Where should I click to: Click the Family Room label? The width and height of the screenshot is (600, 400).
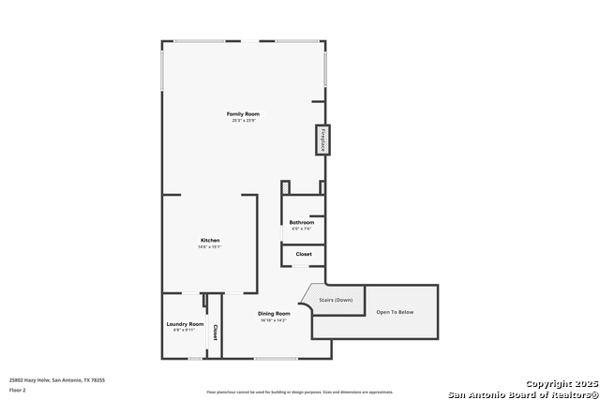243,113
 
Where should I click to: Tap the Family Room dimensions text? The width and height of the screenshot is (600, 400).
243,120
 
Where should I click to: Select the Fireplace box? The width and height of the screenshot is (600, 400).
322,140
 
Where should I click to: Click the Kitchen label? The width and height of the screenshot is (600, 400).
210,241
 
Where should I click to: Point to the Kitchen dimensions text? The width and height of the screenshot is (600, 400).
210,247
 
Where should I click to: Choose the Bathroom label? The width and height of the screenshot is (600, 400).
301,222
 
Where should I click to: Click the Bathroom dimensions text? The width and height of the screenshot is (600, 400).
301,229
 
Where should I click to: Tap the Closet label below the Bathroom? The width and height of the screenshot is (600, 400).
304,254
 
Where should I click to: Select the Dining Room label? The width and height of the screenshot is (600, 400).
273,314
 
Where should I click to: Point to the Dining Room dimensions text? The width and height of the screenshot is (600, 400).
273,320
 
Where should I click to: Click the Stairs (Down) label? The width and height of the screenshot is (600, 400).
335,300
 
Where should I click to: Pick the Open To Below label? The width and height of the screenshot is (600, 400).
395,312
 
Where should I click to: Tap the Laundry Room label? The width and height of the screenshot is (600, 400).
185,324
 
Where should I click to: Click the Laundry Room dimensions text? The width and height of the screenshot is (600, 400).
185,331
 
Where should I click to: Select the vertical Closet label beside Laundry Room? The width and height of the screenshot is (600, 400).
215,332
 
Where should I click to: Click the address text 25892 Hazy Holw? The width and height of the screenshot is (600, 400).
57,379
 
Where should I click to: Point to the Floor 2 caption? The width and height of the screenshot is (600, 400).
18,389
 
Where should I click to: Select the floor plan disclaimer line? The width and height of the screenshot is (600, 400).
301,392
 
